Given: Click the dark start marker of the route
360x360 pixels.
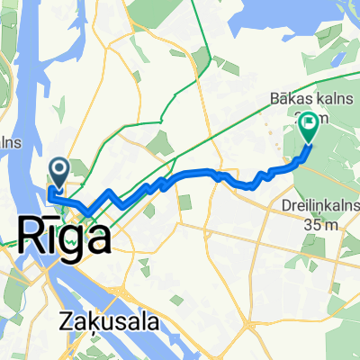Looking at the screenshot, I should coord(60,167).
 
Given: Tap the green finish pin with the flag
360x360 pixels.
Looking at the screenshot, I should coord(308,126).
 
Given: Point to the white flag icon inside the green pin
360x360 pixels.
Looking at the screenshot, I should coord(308,122).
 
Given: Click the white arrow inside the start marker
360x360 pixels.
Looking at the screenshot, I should coord(60,166).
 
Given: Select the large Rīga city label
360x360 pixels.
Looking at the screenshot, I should coord(65,238).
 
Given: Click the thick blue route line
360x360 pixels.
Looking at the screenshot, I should coord(193,172).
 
